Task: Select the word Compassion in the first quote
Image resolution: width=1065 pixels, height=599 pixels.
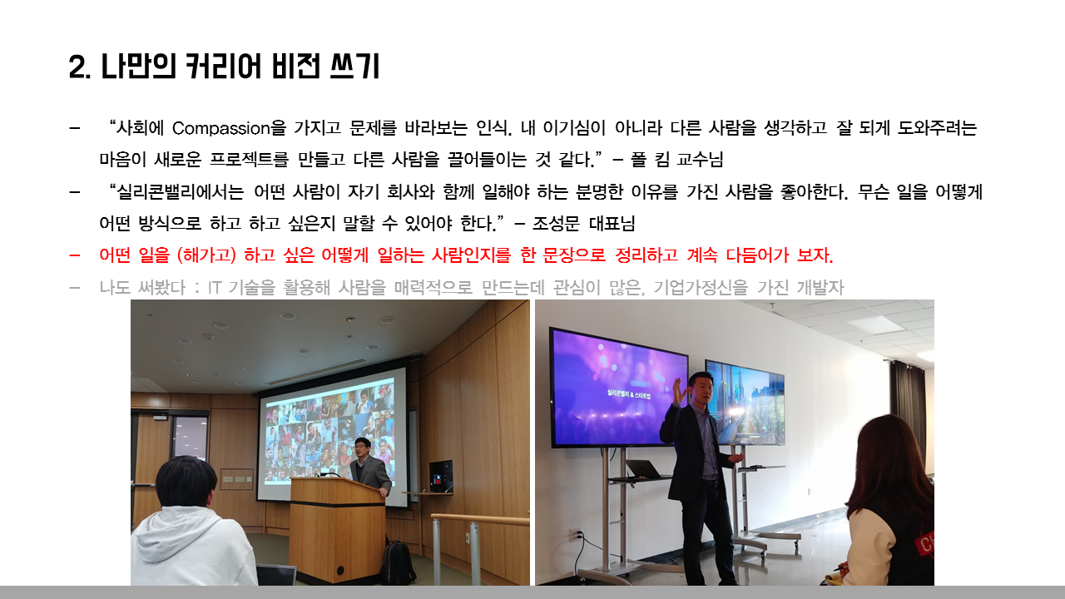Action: point(221,128)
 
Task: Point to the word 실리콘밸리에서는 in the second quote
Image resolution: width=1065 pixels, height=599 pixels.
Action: point(181,192)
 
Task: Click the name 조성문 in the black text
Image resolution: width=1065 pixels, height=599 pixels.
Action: point(556,224)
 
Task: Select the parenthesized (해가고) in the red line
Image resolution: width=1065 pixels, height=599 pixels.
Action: point(206,255)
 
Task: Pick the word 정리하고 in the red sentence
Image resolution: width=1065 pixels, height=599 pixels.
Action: point(646,255)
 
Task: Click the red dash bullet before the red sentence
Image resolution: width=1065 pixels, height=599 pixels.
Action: point(75,255)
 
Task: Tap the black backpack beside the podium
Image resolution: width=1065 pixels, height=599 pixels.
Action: point(398,563)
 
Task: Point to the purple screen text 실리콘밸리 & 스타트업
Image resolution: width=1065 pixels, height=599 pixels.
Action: point(628,394)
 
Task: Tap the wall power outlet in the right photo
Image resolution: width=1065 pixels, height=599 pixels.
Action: point(576,534)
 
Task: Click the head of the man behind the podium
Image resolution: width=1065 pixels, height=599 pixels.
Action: point(362,448)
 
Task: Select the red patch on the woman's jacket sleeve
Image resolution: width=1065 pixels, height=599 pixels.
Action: point(924,542)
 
